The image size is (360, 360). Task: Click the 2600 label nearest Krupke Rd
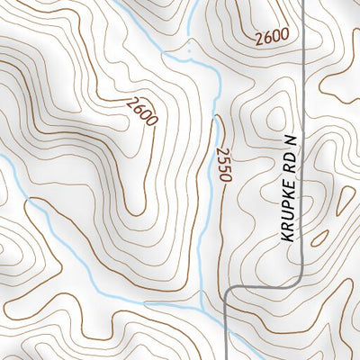click(x=271, y=37)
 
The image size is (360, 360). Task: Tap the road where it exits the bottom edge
click(x=225, y=357)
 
